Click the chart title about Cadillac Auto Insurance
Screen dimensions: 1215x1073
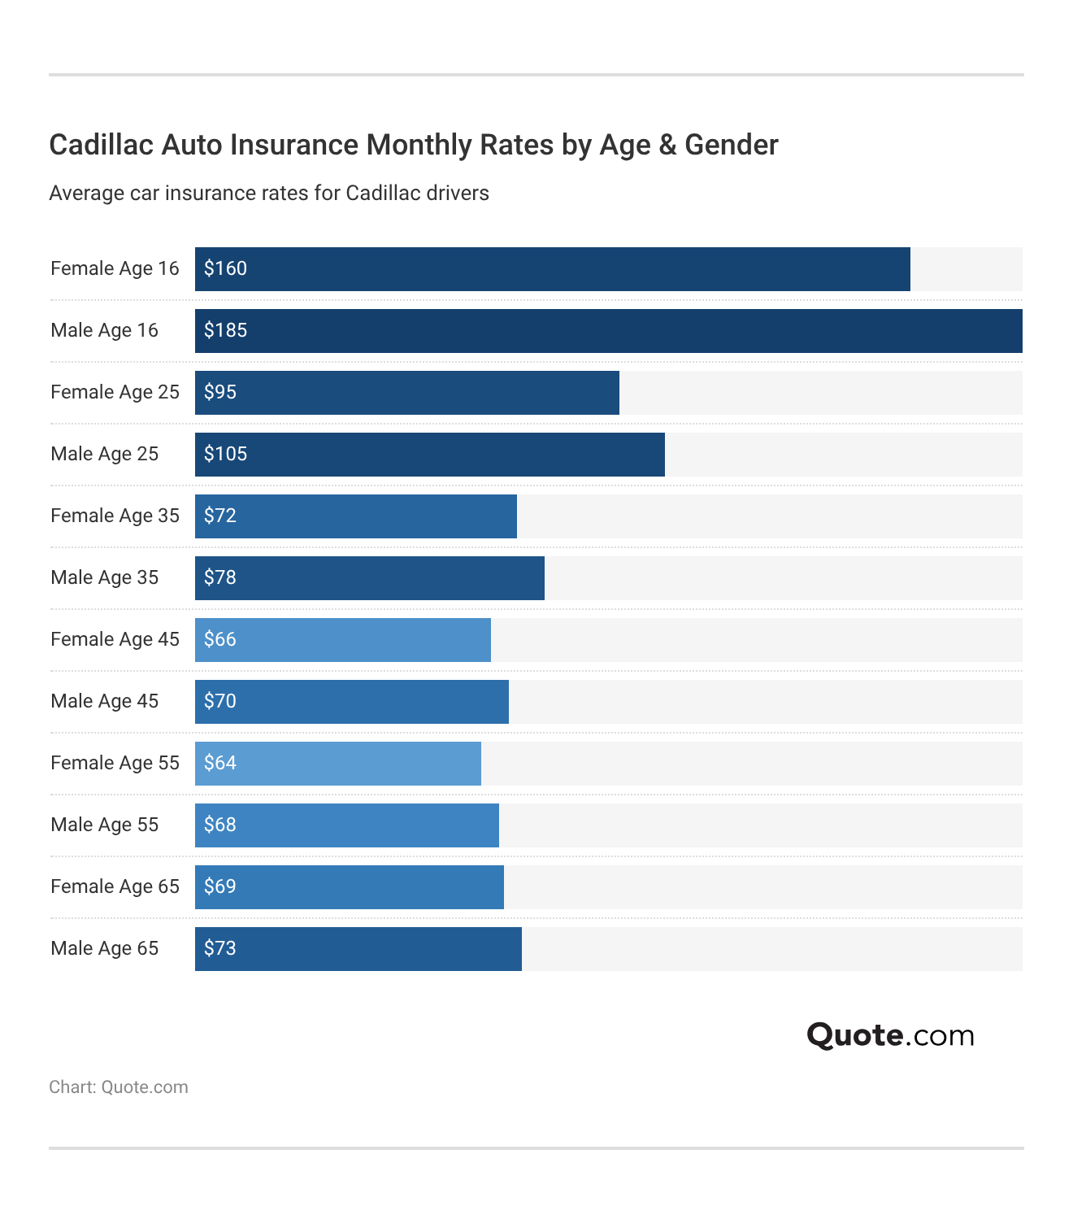click(413, 145)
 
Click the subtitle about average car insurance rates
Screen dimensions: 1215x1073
click(269, 194)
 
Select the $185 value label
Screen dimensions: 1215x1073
click(225, 330)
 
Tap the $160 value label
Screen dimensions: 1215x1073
click(225, 268)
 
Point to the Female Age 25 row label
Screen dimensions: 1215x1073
click(115, 392)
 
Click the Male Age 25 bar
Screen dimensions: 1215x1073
click(429, 454)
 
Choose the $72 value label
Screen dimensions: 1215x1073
click(219, 516)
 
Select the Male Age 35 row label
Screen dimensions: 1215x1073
click(104, 577)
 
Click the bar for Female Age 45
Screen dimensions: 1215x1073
click(342, 639)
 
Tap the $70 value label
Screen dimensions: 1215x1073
click(219, 701)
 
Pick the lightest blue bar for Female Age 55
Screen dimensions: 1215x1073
click(337, 763)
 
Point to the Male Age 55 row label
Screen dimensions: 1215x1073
click(104, 825)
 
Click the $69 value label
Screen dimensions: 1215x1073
click(219, 886)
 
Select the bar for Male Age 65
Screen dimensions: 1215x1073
click(358, 948)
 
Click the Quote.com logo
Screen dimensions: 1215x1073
click(890, 1035)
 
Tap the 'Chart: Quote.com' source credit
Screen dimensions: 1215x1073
click(119, 1087)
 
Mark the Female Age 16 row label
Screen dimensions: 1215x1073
click(115, 268)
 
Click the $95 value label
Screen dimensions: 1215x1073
click(219, 392)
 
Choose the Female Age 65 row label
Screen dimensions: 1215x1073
click(115, 886)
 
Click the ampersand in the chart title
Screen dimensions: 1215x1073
click(667, 145)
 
